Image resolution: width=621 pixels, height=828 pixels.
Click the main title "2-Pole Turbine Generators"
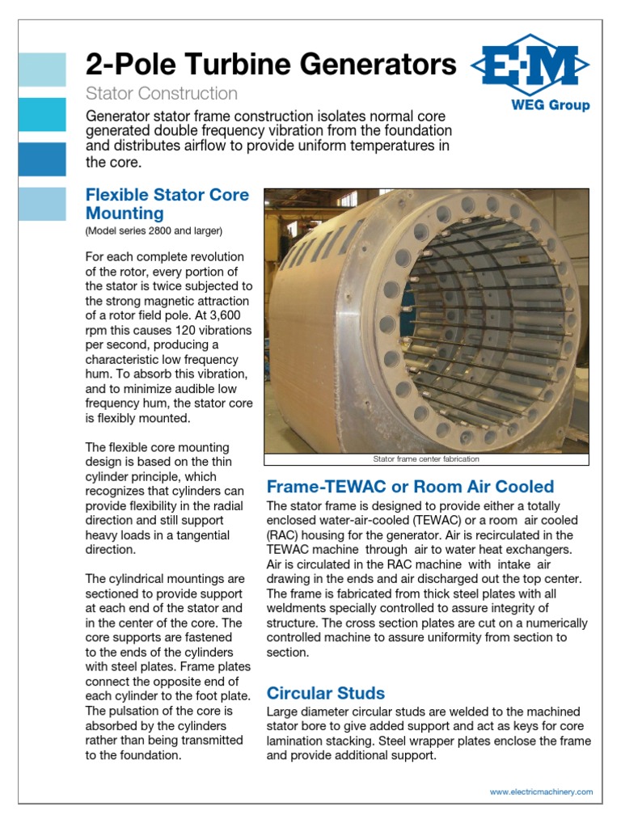click(271, 64)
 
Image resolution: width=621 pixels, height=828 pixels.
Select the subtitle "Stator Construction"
click(162, 94)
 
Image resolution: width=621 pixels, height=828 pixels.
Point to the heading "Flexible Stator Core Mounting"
click(167, 204)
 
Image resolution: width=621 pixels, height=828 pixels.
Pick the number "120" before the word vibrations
click(183, 330)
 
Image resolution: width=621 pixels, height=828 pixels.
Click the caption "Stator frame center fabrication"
click(426, 458)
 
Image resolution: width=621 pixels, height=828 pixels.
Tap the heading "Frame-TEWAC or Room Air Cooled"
click(410, 486)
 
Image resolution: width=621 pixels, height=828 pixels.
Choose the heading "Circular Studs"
click(326, 693)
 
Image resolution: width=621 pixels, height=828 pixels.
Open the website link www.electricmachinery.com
click(541, 792)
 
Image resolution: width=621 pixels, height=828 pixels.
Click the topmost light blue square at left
click(42, 70)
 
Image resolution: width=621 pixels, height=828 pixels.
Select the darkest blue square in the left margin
click(42, 159)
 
